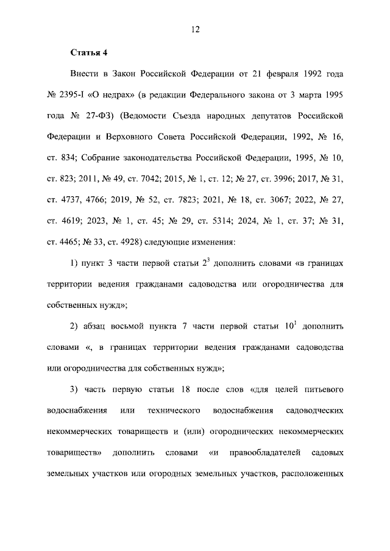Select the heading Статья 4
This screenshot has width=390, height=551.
pos(88,52)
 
